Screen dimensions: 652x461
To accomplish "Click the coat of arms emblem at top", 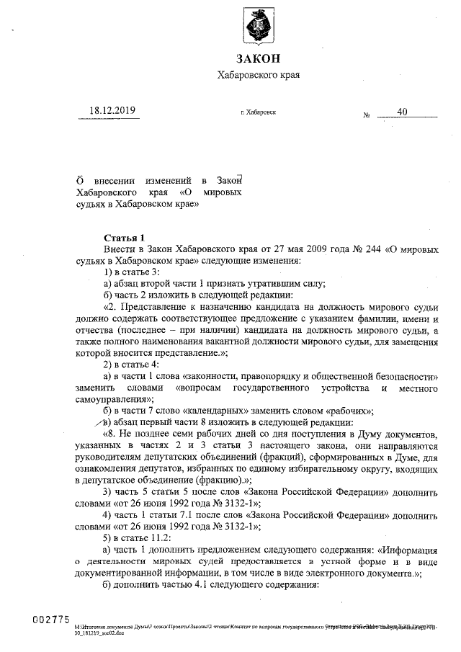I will [257, 27].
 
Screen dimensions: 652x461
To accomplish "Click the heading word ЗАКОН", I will [257, 58].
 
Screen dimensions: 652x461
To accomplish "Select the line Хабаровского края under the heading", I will [257, 75].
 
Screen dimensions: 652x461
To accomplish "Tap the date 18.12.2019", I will [112, 111].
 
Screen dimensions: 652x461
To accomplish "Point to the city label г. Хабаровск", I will [258, 113].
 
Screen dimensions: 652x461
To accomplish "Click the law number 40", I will [402, 112].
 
